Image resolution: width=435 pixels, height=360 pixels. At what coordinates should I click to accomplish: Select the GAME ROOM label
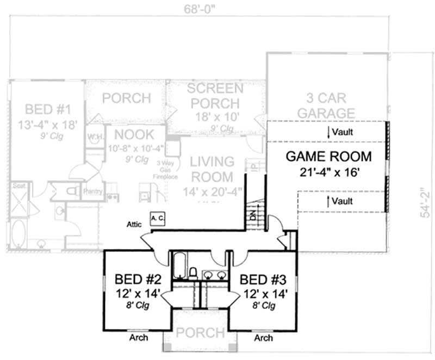328,157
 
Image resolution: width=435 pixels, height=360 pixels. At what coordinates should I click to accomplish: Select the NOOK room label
135,134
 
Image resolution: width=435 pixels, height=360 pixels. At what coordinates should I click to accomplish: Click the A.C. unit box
158,218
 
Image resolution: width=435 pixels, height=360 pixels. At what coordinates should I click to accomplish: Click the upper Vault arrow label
341,132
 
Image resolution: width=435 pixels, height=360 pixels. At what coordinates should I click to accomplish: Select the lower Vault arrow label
341,201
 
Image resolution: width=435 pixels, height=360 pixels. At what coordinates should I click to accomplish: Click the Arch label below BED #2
138,338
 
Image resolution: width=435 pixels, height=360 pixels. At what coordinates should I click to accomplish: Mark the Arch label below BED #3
263,338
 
